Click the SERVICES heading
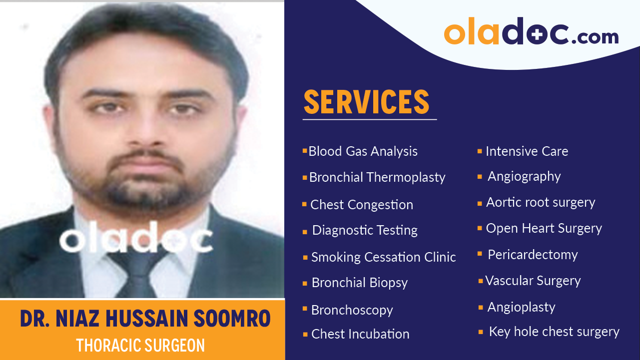tap(366, 102)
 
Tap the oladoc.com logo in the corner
tap(531, 33)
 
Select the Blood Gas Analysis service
tap(363, 151)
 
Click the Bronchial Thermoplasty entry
tap(377, 177)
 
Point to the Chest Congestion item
tap(361, 205)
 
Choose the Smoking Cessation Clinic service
tap(383, 257)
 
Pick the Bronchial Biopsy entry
tap(359, 283)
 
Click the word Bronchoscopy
tap(352, 310)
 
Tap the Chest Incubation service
tap(360, 334)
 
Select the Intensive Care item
tap(527, 151)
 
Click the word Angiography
tap(524, 176)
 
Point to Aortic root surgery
tap(541, 202)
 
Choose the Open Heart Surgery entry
tap(544, 228)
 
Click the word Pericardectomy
tap(533, 255)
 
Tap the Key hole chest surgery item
tap(554, 332)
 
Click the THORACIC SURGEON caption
tap(140, 345)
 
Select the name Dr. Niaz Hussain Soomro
tap(145, 319)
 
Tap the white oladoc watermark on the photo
tap(136, 240)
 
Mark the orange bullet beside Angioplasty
tap(481, 307)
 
